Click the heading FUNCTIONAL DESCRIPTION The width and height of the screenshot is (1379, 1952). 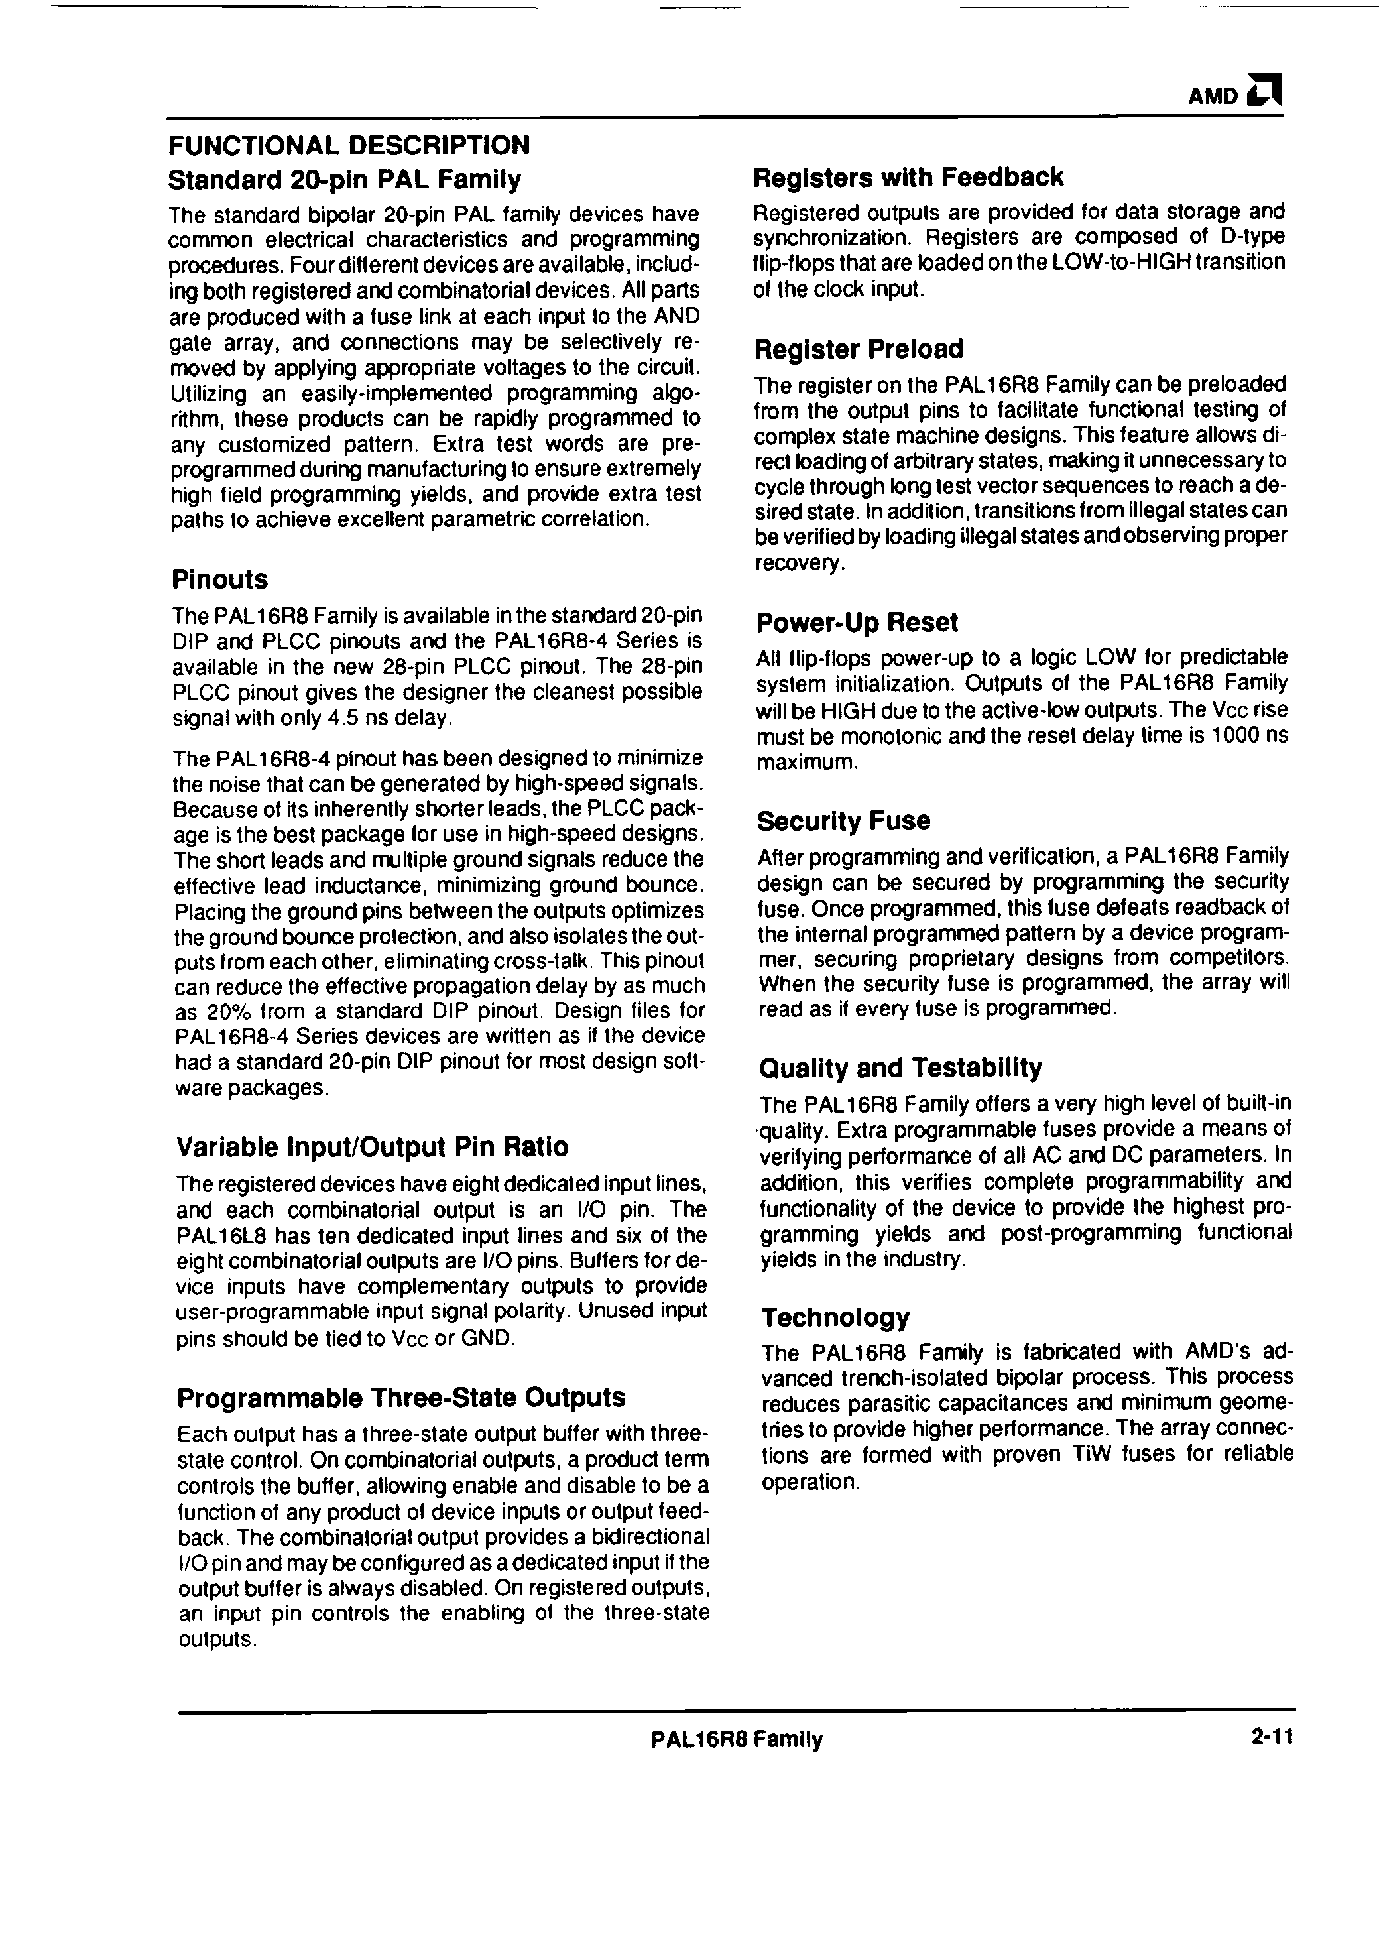[349, 145]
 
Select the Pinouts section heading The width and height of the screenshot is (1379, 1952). [219, 579]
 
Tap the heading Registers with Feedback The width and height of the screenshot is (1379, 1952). [908, 177]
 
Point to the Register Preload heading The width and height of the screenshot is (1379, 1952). [859, 349]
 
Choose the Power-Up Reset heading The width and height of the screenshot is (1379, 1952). [857, 623]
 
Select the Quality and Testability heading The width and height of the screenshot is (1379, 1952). [900, 1067]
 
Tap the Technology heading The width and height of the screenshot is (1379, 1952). [835, 1317]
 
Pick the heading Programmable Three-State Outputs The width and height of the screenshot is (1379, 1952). [401, 1398]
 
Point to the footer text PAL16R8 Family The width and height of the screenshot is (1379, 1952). [737, 1739]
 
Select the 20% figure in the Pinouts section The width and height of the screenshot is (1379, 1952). [231, 1012]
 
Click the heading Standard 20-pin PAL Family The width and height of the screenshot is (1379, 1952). [344, 180]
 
